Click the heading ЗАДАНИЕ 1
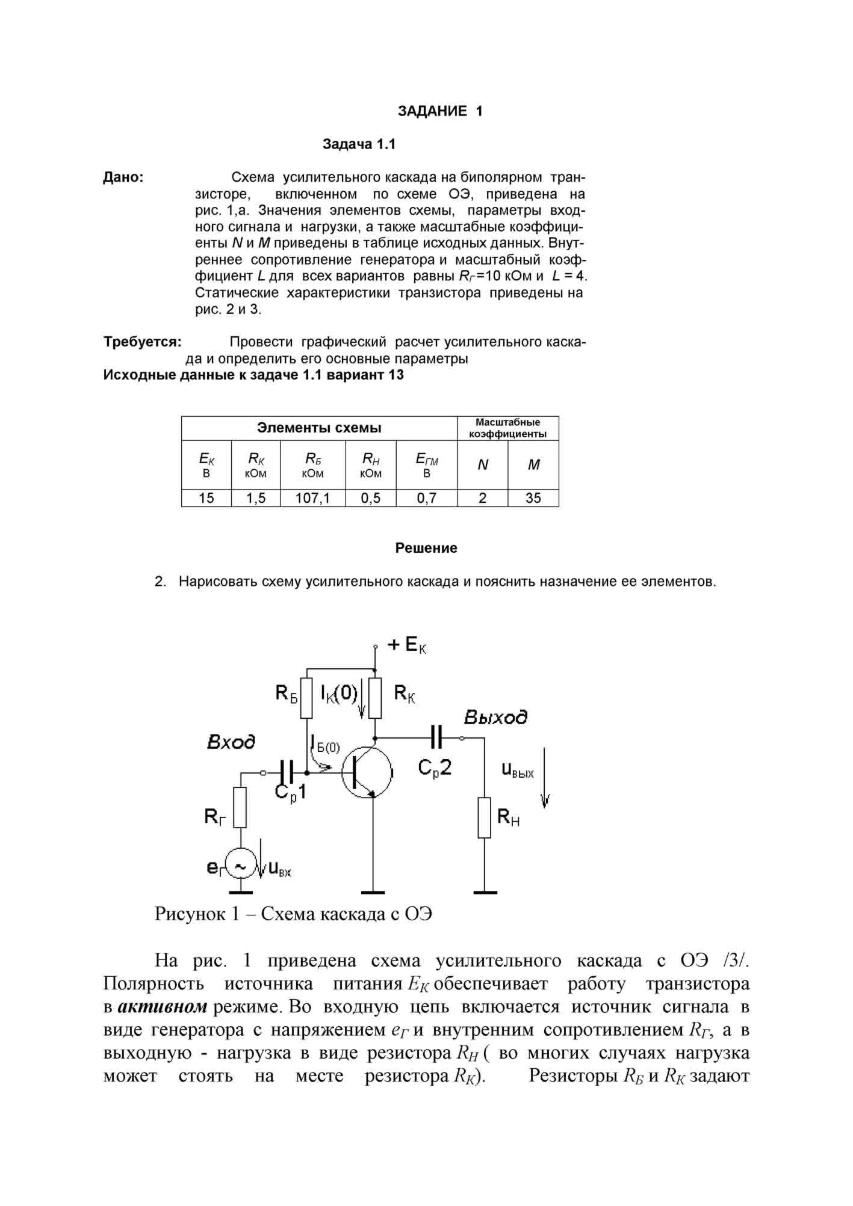(x=440, y=111)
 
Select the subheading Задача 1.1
(x=359, y=144)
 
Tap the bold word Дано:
(x=123, y=177)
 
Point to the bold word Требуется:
(x=143, y=342)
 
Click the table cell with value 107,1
(x=312, y=498)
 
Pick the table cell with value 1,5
(x=256, y=498)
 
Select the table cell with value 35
(x=533, y=498)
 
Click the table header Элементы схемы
(x=319, y=428)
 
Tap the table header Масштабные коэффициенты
(x=507, y=428)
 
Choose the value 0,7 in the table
(x=426, y=498)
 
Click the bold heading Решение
(x=426, y=548)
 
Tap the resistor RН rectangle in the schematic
(x=485, y=817)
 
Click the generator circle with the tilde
(x=240, y=866)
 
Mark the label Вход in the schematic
(x=231, y=742)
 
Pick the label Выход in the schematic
(x=495, y=717)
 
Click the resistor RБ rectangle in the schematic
(x=306, y=698)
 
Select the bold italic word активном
(x=163, y=1007)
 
